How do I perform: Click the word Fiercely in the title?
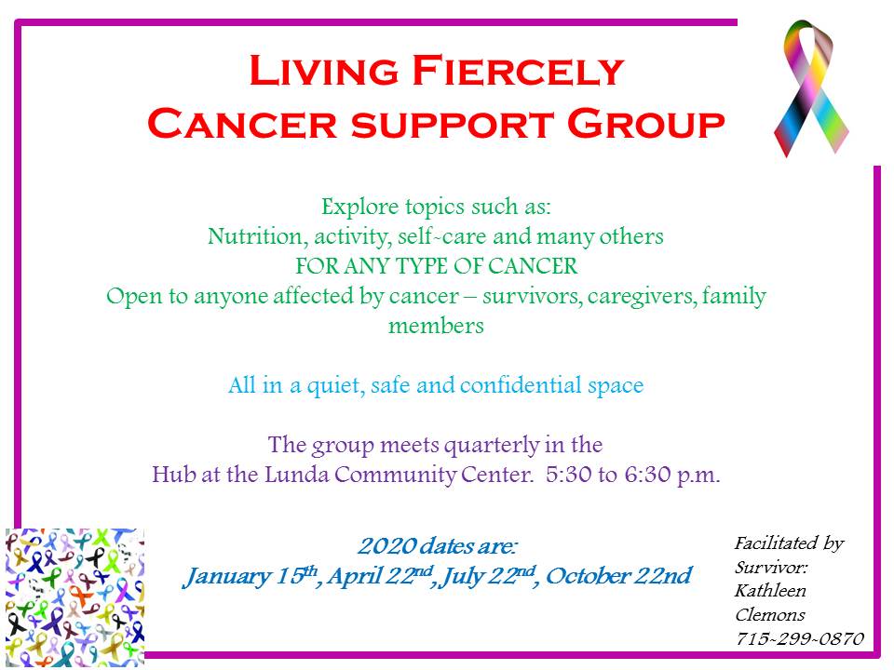518,71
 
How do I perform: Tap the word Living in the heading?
324,71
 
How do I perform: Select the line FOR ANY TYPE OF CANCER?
436,266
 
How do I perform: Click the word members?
436,326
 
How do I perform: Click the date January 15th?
251,577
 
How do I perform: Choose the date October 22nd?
618,576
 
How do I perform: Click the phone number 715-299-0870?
799,638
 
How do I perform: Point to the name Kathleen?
770,591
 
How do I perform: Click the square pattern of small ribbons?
74,596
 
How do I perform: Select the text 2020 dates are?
438,546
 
